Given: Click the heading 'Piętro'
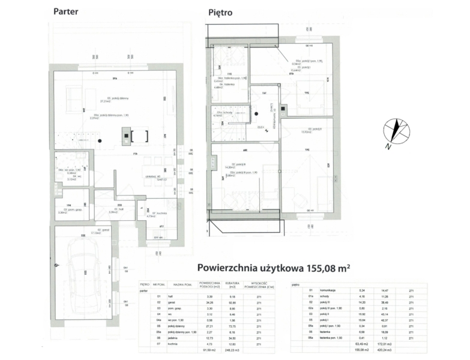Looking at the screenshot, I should click(x=220, y=12).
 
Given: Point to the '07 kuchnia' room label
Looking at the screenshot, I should click(x=158, y=214).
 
